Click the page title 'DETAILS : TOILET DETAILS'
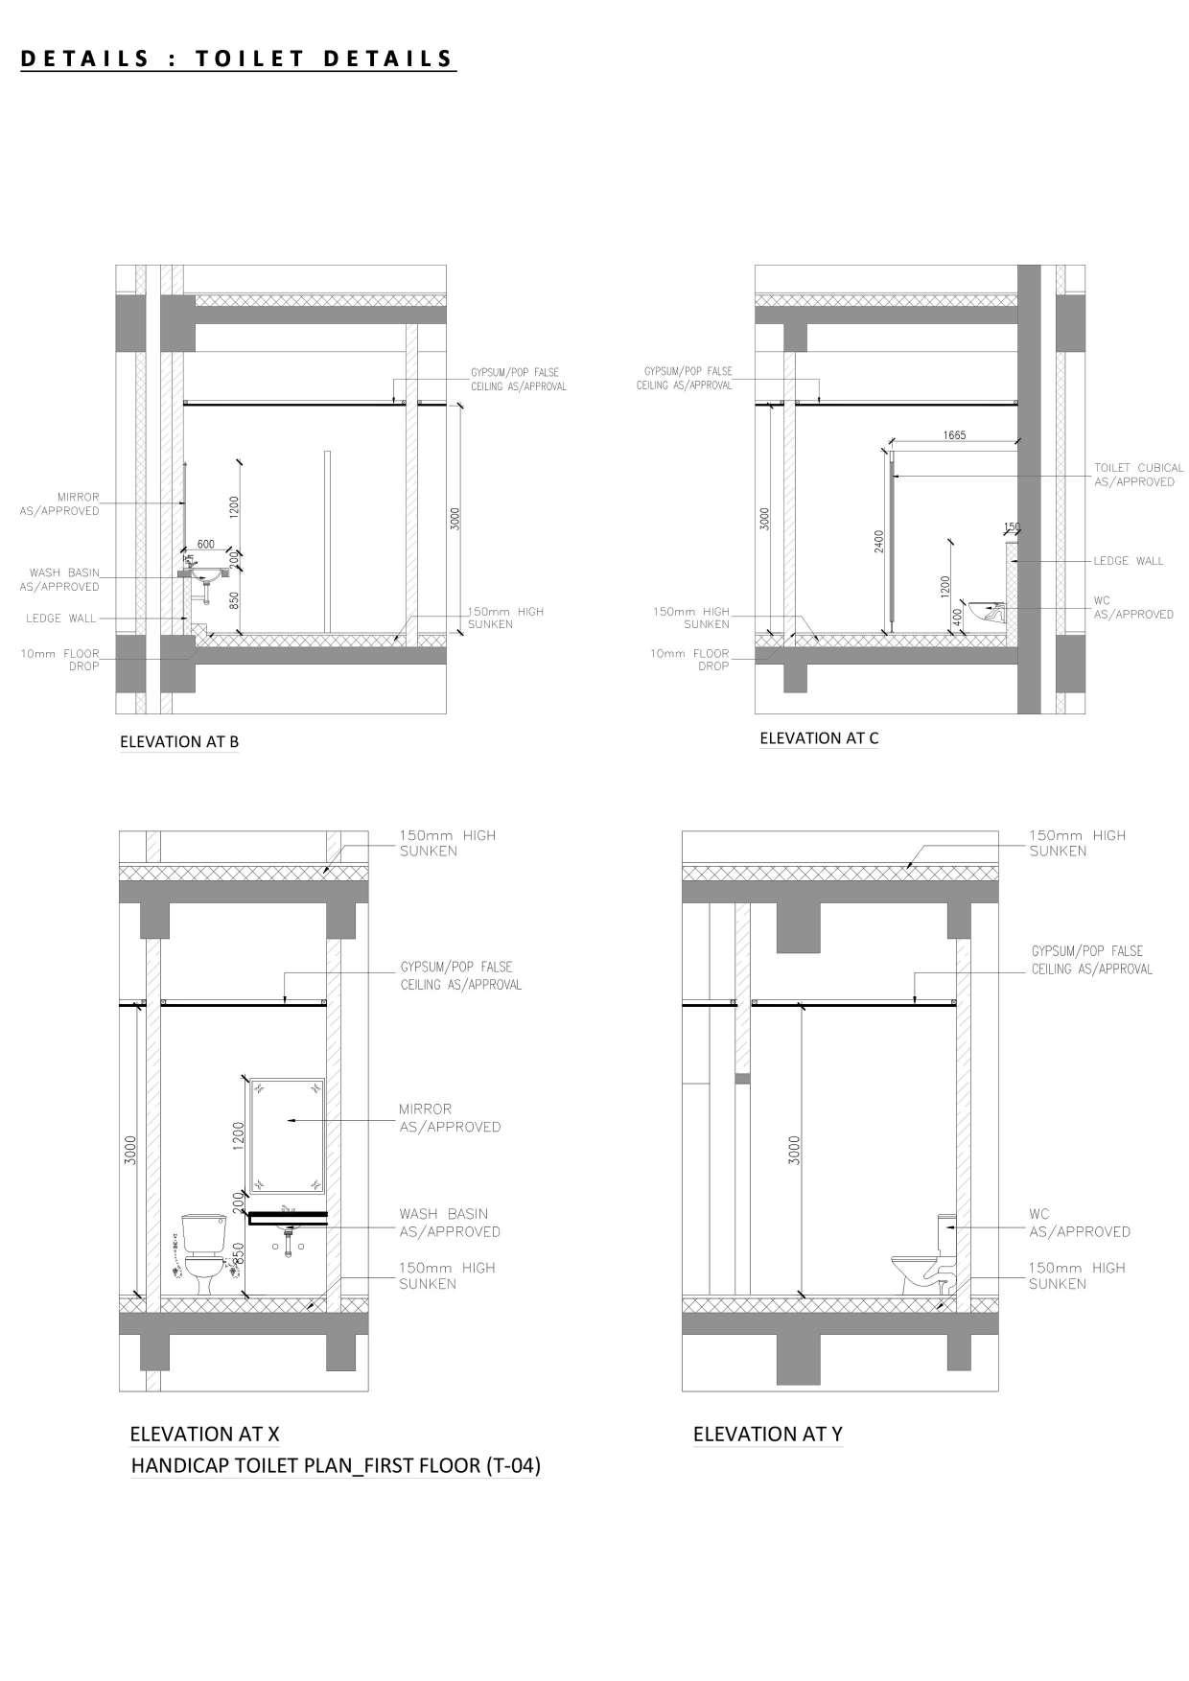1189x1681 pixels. [237, 58]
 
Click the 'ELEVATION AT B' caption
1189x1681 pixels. [178, 741]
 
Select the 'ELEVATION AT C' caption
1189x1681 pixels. [818, 737]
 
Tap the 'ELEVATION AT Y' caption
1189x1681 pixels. [767, 1434]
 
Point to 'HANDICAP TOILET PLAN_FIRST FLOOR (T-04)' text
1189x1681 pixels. [336, 1465]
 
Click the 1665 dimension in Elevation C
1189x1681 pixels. [953, 434]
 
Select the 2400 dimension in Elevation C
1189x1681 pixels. [878, 542]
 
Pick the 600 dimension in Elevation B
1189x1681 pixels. [205, 544]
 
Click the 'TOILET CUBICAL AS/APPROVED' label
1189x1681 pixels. [1137, 475]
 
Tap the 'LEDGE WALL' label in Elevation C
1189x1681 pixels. [1128, 561]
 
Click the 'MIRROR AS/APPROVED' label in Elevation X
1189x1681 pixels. [449, 1118]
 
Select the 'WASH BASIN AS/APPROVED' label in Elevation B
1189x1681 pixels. [64, 579]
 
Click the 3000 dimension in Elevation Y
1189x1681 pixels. [793, 1149]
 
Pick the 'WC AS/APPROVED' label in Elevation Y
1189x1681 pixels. [1079, 1223]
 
